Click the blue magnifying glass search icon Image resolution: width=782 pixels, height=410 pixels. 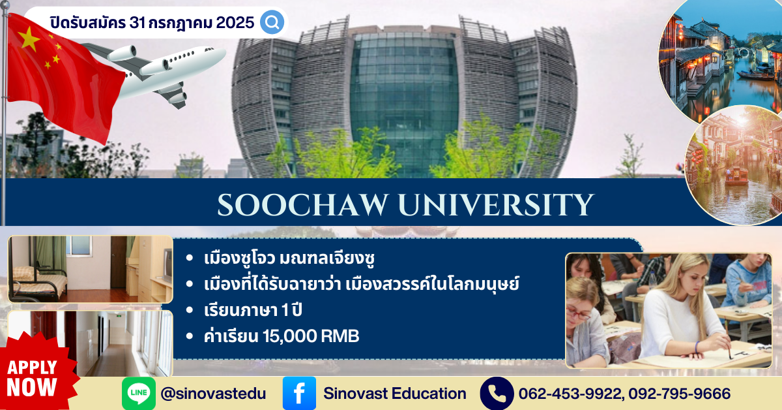[x=272, y=22]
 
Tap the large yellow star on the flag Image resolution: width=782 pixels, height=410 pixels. [x=29, y=38]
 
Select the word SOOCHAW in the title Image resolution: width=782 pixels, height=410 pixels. [x=303, y=204]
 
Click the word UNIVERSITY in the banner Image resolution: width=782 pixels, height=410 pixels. [x=496, y=204]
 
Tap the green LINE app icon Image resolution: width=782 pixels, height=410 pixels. [x=139, y=393]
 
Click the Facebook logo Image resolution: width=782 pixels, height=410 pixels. [x=299, y=393]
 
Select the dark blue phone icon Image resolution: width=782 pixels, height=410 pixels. [x=497, y=393]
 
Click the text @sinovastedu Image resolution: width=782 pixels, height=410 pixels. [x=213, y=394]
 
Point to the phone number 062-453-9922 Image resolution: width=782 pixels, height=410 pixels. [x=570, y=394]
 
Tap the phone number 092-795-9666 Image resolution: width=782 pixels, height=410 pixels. [x=679, y=394]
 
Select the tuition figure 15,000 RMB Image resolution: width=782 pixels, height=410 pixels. [x=311, y=336]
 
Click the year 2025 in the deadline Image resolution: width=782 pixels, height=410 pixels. [x=235, y=23]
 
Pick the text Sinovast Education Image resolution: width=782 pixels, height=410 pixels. [x=395, y=394]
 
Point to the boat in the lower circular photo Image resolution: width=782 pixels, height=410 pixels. [x=736, y=176]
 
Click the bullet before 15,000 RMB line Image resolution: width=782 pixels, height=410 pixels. [x=190, y=336]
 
